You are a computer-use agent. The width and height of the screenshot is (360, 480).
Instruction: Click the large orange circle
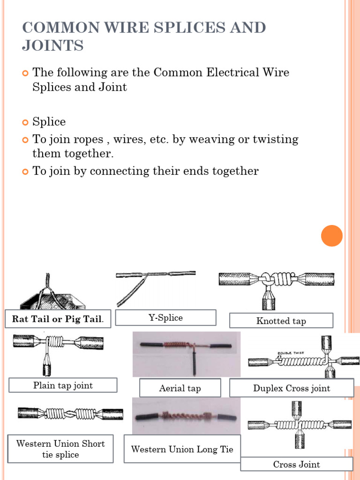coord(332,236)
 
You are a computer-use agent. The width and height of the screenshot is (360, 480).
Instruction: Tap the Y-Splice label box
coord(165,318)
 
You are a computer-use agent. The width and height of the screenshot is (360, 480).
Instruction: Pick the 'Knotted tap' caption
coord(281,321)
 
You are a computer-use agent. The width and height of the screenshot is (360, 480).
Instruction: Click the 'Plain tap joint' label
coord(63,386)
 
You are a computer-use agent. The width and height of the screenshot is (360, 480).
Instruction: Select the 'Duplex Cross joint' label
coord(292,388)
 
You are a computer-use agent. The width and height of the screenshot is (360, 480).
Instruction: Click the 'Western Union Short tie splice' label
coord(60,449)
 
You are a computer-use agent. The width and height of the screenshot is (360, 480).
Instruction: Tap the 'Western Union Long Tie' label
coord(182,450)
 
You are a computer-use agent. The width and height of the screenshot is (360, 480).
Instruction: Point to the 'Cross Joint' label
coord(296,465)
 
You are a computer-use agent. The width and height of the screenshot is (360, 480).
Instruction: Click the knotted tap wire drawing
coord(276,286)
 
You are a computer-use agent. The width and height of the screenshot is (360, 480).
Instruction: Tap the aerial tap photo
coord(186,354)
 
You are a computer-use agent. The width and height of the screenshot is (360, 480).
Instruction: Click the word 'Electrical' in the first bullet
coord(221,73)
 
